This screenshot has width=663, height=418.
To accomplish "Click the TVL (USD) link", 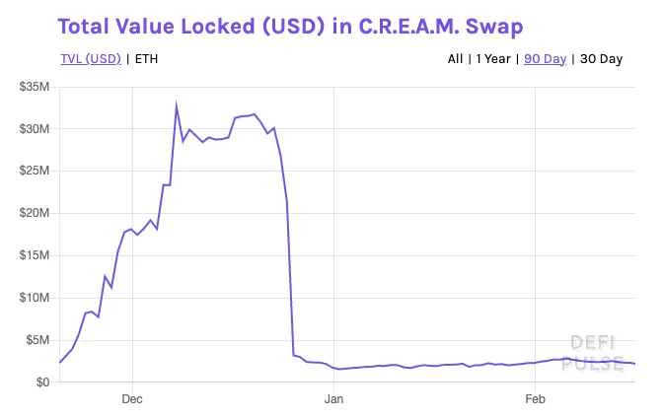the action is click(91, 59).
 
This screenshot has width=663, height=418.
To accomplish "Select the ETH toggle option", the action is click(146, 59).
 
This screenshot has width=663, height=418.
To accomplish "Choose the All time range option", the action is click(456, 59).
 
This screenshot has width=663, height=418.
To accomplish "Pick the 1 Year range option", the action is click(493, 59).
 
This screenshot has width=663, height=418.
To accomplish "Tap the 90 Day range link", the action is click(545, 59).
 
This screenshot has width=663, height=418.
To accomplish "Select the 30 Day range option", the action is click(601, 59).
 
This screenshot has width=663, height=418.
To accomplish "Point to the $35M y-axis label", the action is click(35, 87).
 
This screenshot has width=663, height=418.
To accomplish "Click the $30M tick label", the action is click(35, 128).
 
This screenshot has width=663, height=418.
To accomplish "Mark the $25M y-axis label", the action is click(35, 171).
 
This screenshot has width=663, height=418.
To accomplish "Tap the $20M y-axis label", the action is click(35, 213).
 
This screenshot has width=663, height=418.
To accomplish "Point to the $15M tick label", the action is click(35, 255).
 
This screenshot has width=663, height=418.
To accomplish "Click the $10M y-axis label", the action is click(35, 298).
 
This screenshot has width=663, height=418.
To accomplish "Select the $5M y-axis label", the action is click(37, 340).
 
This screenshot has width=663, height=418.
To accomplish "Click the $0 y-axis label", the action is click(42, 383).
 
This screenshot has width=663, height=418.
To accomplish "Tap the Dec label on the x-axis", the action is click(132, 399).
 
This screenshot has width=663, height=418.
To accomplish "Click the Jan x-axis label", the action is click(333, 399).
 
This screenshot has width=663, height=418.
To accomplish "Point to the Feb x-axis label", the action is click(535, 399).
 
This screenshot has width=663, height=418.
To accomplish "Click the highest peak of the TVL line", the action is click(176, 104).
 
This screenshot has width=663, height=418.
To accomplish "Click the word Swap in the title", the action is click(494, 27).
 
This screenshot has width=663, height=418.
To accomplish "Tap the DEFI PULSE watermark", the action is click(593, 353).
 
